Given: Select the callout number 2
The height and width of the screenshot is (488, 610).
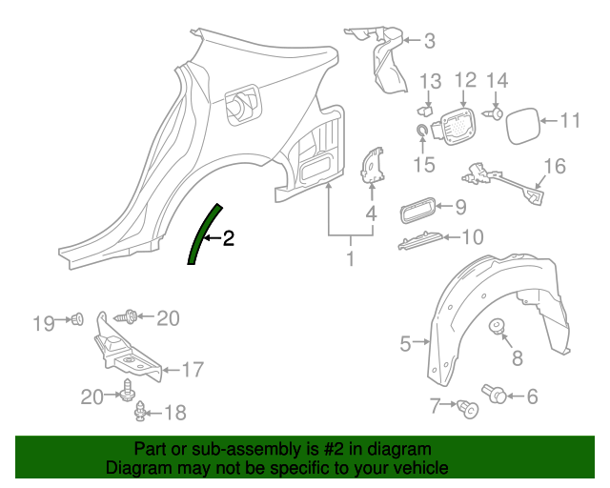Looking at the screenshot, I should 228,238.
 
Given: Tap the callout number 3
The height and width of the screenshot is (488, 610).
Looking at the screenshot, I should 429,40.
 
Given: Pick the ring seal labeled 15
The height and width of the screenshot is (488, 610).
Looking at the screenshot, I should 422,130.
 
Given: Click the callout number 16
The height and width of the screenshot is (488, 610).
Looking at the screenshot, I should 554,166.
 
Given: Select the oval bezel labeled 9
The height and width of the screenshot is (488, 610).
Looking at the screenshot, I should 417,207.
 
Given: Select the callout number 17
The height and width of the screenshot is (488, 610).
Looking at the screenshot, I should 193,369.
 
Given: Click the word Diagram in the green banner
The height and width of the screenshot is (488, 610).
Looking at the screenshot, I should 137,468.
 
